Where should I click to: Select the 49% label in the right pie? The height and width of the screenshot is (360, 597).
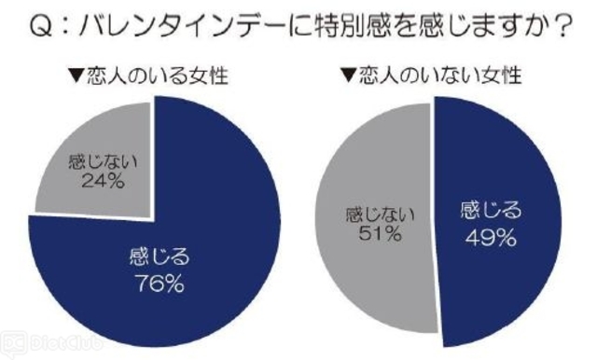coord(491,238)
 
